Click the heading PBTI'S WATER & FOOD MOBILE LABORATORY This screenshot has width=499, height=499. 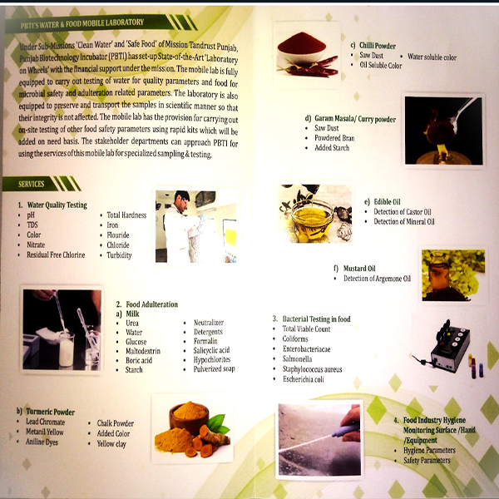(83, 22)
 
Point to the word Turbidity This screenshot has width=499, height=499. (120, 254)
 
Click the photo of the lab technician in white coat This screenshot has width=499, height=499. (190, 226)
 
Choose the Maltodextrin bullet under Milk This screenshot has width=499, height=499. (141, 350)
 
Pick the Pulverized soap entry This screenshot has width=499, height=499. (215, 369)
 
